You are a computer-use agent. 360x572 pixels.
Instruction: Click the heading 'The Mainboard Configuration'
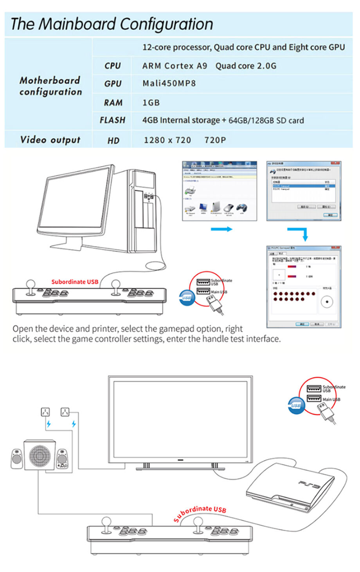click(x=112, y=24)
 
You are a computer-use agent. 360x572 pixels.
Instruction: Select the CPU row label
click(x=112, y=66)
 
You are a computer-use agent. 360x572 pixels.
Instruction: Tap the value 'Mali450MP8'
click(x=169, y=83)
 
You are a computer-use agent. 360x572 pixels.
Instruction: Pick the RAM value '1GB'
click(x=151, y=103)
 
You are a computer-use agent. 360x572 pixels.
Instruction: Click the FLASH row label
click(x=112, y=120)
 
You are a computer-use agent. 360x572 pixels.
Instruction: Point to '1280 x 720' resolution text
click(x=167, y=140)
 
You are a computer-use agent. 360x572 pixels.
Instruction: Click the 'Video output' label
click(x=50, y=140)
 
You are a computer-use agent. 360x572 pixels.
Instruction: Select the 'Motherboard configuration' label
click(x=50, y=86)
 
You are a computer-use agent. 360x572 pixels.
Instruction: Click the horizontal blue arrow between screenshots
click(x=221, y=229)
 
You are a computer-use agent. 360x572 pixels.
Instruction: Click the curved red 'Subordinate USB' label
click(x=200, y=513)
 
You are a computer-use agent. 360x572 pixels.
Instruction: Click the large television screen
click(x=180, y=419)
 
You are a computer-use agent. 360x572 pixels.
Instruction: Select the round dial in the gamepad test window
click(x=327, y=302)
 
